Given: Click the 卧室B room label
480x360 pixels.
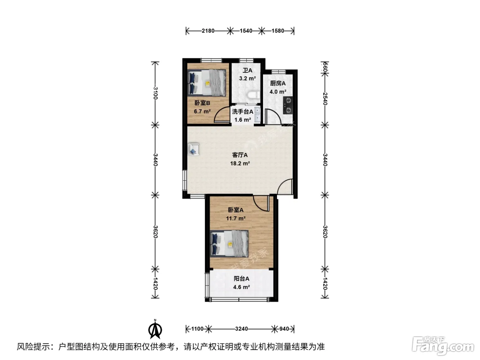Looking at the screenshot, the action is [202, 103].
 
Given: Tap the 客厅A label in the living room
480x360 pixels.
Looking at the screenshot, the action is [240, 155].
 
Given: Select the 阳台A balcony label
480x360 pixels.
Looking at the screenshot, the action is [241, 279].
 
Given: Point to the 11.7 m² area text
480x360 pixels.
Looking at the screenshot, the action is [236, 218].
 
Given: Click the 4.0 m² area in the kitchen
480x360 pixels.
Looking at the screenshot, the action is [278, 92].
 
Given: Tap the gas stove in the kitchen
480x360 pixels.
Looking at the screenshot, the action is [288, 105].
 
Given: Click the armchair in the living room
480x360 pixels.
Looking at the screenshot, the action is [194, 149].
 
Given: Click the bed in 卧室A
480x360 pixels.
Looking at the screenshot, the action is [229, 243].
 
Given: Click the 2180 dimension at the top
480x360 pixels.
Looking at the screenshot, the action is [208, 31].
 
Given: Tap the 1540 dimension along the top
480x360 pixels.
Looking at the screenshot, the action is [246, 31].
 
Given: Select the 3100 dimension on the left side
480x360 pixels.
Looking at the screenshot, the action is [155, 93].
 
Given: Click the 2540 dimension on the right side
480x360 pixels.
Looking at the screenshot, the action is [325, 99].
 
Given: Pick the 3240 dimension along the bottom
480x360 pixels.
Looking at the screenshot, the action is [241, 329].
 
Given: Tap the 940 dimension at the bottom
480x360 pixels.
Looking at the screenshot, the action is [284, 329].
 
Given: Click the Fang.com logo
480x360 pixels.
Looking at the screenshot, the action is [443, 346].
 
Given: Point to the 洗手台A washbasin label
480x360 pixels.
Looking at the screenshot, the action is [242, 111].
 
